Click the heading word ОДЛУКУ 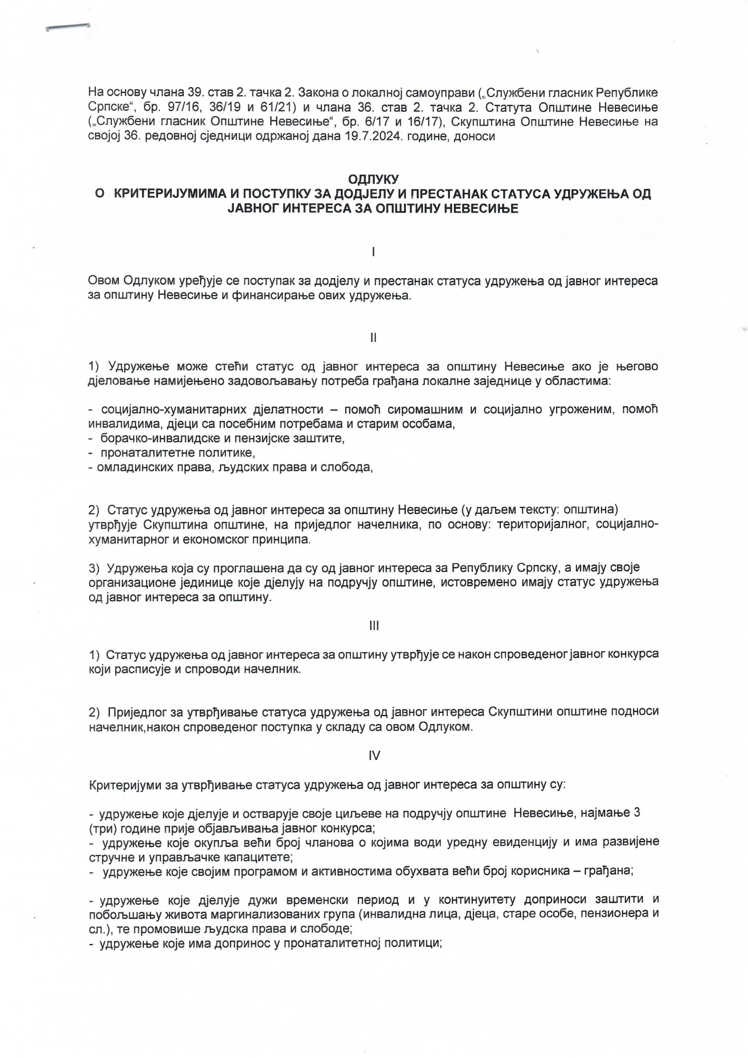click(x=373, y=179)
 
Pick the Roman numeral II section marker click(x=373, y=338)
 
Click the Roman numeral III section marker click(x=374, y=625)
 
